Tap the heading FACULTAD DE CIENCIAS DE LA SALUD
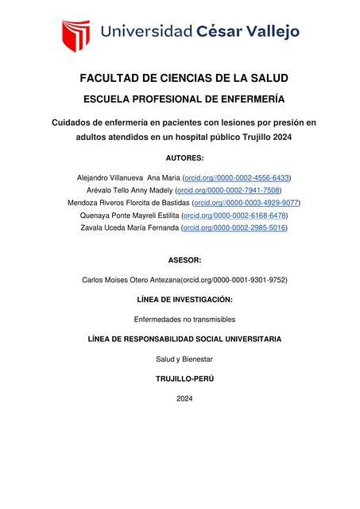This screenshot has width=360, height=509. [184, 79]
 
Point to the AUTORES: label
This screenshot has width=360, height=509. [184, 157]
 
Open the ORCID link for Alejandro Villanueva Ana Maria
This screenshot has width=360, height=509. [237, 177]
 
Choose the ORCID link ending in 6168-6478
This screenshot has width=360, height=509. [235, 216]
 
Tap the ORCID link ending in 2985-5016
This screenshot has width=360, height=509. [234, 228]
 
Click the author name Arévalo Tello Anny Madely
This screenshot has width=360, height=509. [130, 190]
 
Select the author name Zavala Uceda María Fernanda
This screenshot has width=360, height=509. [130, 228]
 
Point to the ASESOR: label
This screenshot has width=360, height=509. [184, 260]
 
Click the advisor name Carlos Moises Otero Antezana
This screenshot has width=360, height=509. [131, 280]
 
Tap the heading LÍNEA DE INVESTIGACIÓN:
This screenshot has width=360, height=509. [184, 300]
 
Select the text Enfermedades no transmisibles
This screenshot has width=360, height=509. [184, 319]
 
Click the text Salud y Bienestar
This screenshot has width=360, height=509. [184, 359]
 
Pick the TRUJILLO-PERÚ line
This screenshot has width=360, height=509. [184, 379]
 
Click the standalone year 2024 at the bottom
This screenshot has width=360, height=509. [184, 398]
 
